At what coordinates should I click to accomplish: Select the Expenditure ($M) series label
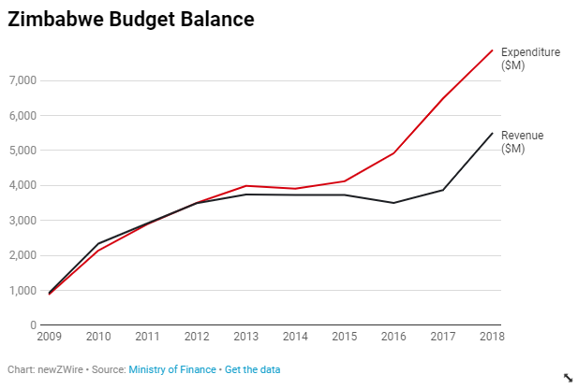tap(530, 58)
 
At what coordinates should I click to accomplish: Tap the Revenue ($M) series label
tap(522, 141)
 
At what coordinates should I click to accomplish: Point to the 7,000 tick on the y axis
tap(22, 80)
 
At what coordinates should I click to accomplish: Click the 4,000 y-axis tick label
tap(22, 185)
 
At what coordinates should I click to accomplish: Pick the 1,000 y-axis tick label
tap(22, 290)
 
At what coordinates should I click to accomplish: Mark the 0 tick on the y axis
tap(32, 325)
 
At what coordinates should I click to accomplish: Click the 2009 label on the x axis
tap(49, 337)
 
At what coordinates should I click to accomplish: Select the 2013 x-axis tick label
tap(247, 337)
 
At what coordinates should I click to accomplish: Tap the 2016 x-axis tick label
tap(394, 337)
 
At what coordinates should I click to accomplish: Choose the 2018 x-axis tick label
tap(491, 337)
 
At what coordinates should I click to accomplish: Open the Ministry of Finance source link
tap(171, 369)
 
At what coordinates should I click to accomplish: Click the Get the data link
tap(252, 369)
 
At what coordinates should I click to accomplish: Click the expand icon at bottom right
tap(567, 377)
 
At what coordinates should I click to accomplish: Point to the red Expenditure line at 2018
tap(493, 50)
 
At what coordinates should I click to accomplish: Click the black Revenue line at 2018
tap(493, 133)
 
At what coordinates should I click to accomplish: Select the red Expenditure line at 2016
tap(394, 153)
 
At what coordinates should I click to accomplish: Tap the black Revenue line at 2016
tap(394, 203)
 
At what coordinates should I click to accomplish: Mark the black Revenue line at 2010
tap(98, 243)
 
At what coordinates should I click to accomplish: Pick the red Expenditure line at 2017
tap(444, 97)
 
